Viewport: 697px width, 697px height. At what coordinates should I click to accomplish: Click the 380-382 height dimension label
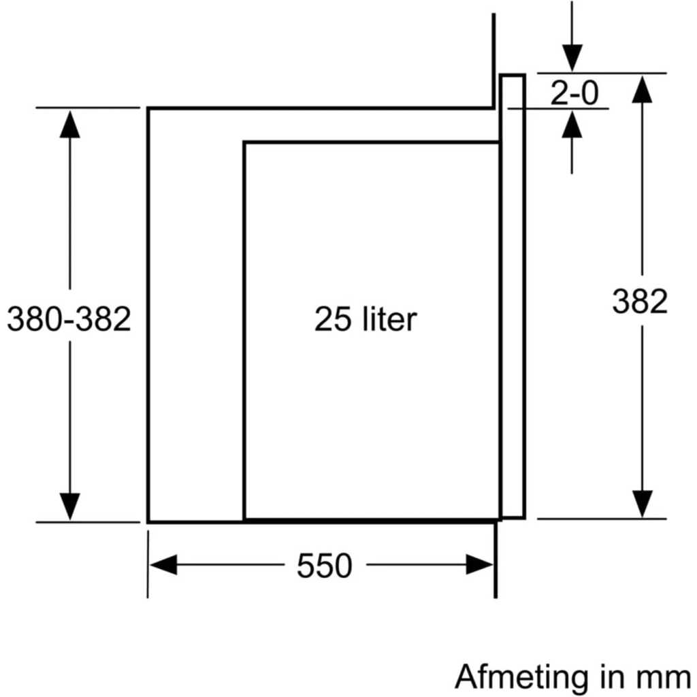[x=69, y=319]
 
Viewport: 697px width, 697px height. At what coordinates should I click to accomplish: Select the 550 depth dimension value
[x=325, y=566]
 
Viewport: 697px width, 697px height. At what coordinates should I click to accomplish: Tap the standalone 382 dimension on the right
[x=640, y=302]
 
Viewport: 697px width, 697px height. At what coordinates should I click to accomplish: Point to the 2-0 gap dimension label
[x=574, y=93]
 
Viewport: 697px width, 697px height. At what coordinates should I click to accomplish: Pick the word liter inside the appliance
[x=389, y=319]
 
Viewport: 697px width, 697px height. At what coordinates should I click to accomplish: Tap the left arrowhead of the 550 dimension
[x=163, y=565]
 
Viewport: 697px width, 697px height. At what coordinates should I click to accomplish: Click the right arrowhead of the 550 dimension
[x=480, y=565]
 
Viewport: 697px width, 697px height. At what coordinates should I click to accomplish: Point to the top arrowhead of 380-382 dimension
[x=70, y=124]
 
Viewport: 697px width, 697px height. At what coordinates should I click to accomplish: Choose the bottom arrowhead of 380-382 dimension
[x=70, y=506]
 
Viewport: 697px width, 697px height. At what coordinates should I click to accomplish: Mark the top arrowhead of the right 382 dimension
[x=643, y=89]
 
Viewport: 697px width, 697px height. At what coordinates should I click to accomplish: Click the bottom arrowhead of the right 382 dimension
[x=643, y=504]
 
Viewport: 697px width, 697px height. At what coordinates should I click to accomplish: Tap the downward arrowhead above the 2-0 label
[x=572, y=58]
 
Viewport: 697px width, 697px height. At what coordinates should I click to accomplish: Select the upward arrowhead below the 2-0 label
[x=572, y=125]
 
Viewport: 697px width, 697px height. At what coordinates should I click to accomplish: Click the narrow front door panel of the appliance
[x=513, y=297]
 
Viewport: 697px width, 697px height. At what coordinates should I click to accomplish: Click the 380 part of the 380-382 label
[x=34, y=319]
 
